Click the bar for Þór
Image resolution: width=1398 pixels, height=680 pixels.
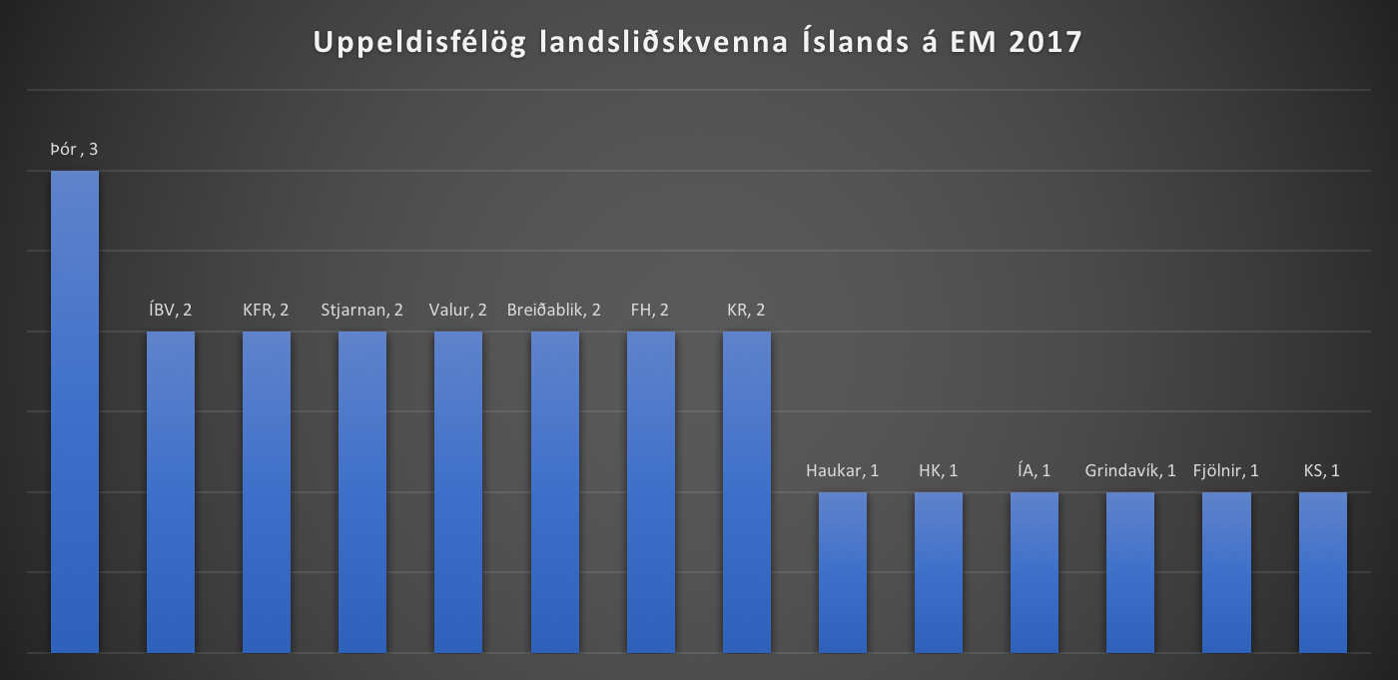click(75, 411)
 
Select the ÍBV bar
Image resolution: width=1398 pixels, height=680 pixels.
click(171, 491)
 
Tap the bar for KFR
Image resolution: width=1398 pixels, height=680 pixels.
click(267, 491)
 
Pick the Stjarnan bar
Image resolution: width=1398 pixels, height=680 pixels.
click(362, 491)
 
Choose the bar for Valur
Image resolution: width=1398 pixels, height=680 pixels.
click(458, 491)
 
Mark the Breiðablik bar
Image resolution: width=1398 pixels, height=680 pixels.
click(554, 491)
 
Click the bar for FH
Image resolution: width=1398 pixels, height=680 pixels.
click(650, 491)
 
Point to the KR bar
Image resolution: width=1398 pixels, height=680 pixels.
click(746, 491)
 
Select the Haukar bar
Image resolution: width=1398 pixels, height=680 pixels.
click(843, 572)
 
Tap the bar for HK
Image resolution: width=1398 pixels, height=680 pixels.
click(939, 572)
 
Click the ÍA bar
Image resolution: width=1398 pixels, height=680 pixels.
click(1035, 572)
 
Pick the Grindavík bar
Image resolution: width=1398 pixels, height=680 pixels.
click(1130, 572)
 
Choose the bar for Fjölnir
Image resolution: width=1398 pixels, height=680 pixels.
click(1226, 572)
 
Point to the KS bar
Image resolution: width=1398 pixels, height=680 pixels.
click(1322, 572)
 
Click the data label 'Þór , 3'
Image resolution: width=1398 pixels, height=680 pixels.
click(74, 150)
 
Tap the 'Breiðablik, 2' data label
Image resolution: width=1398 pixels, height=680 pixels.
click(554, 310)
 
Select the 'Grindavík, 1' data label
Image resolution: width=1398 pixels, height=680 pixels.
click(1130, 470)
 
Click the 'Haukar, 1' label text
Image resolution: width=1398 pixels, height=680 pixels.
click(843, 470)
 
